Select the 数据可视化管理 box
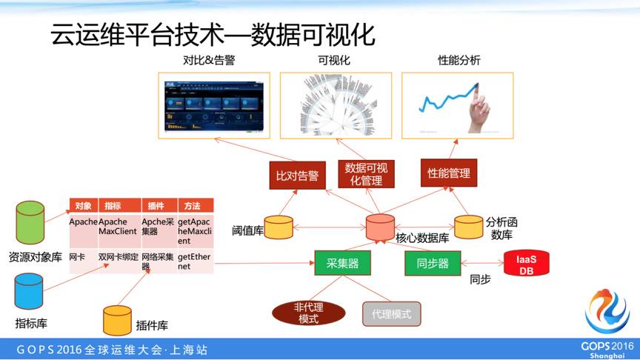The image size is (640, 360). (x=366, y=173)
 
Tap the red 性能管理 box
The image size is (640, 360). (x=448, y=173)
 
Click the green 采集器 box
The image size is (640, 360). (x=342, y=263)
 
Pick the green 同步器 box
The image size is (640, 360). (x=433, y=263)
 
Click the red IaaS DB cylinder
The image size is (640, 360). (x=526, y=263)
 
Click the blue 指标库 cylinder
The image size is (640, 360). (x=29, y=291)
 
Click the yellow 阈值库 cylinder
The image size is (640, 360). (x=279, y=227)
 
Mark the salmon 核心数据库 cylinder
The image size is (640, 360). (x=380, y=227)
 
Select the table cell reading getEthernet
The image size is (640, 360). (x=193, y=261)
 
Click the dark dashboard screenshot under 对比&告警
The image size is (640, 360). (x=213, y=105)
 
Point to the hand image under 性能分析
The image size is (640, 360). (x=457, y=105)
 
